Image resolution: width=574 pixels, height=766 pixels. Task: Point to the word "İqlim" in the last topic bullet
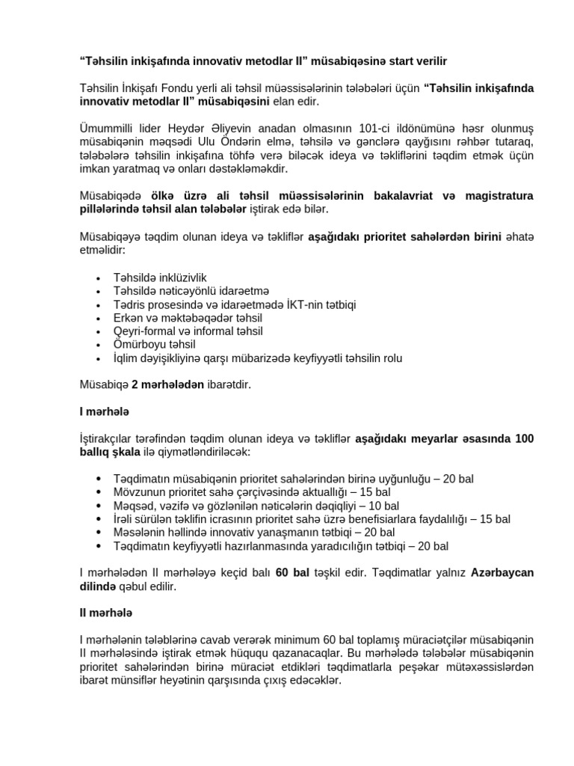127,358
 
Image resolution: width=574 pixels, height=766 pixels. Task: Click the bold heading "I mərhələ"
104,412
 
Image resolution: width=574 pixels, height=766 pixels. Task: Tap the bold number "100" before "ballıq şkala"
522,439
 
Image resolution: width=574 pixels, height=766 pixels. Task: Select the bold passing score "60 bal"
291,573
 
